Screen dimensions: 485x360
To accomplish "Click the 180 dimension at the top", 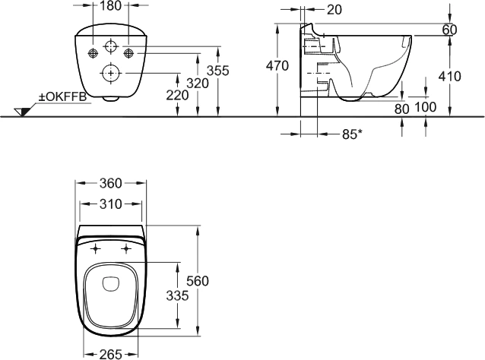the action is pos(111,5).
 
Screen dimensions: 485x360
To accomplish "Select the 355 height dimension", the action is pos(217,71).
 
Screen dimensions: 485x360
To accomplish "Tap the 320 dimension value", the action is pos(198,84).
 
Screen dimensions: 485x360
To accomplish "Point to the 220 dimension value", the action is pos(177,96).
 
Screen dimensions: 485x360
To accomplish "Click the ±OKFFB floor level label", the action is pos(62,97).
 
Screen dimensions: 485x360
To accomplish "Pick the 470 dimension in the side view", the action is pos(277,66).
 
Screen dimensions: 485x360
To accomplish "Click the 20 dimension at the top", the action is pos(334,10).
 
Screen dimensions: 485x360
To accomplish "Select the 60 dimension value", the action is pos(449,30).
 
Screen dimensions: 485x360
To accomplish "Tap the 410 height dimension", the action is pos(449,76).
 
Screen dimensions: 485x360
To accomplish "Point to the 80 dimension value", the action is pos(402,109).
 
